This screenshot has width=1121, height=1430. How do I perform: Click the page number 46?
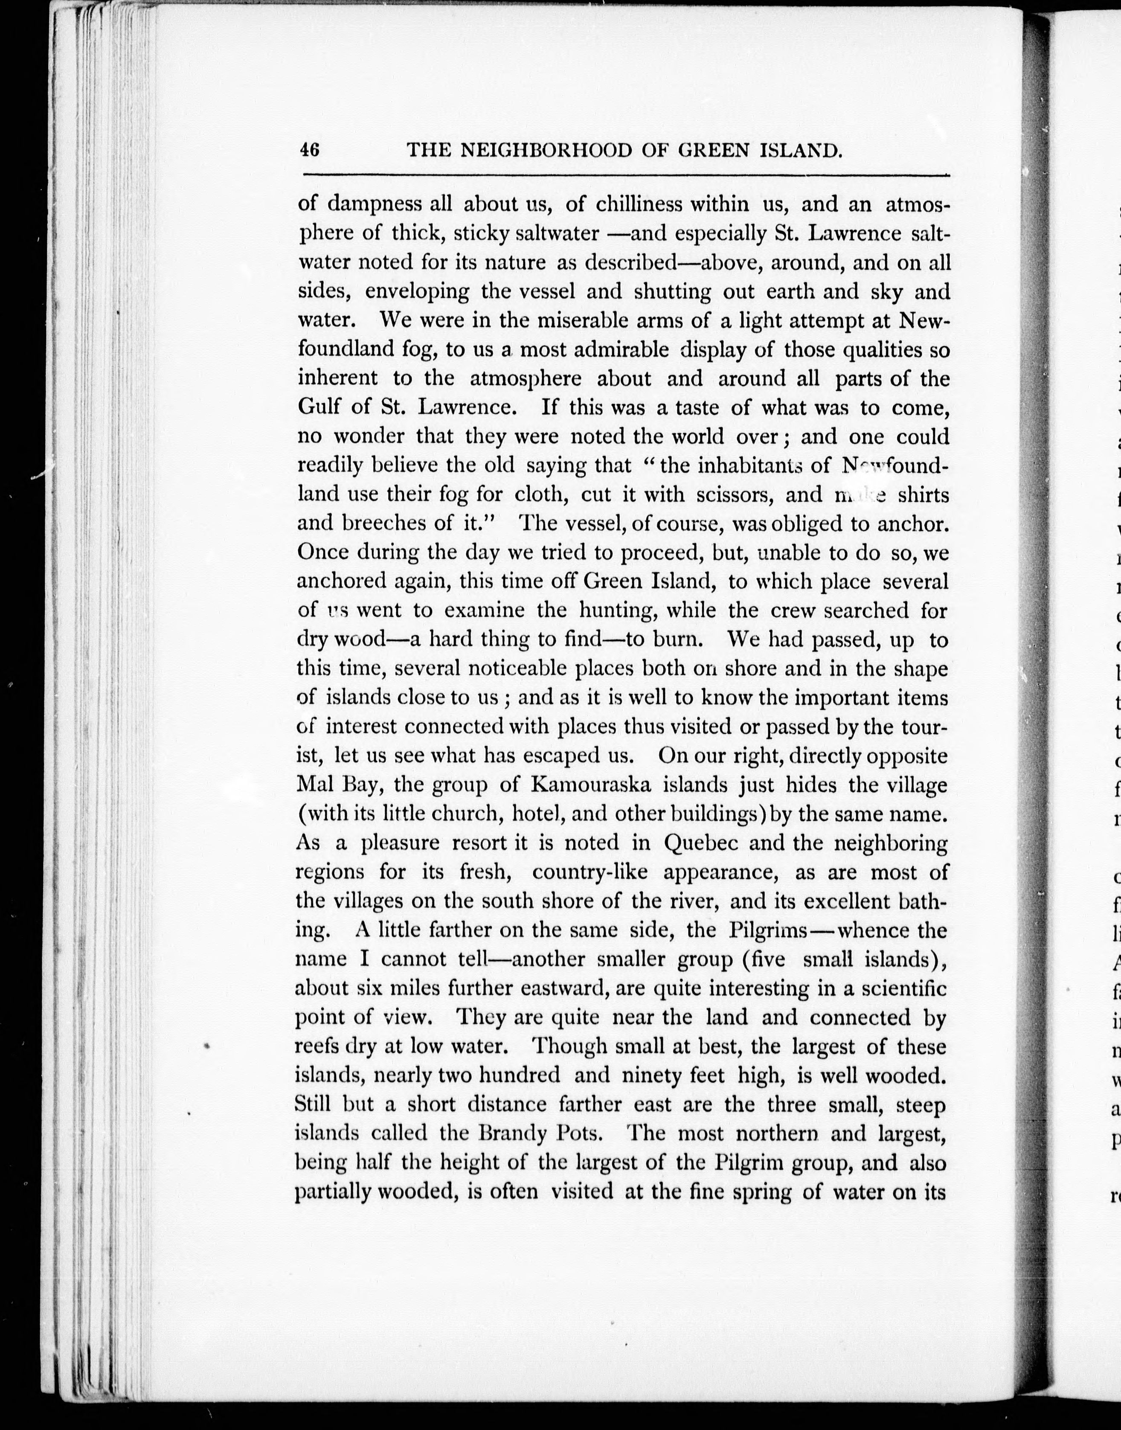click(x=309, y=150)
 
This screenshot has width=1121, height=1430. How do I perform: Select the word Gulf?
click(x=319, y=407)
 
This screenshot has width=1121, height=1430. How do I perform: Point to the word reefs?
click(x=318, y=1046)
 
